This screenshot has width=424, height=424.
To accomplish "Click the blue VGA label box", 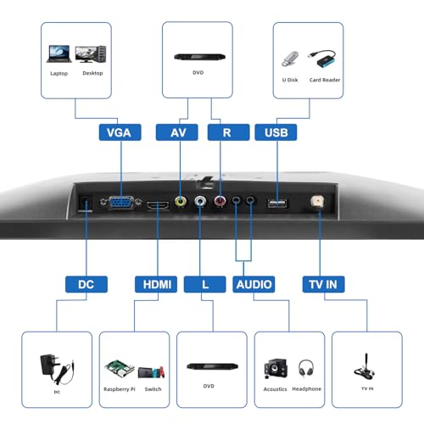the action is click(120, 132).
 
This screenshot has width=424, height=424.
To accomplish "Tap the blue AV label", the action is click(177, 132).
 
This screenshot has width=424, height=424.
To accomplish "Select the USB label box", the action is click(276, 132).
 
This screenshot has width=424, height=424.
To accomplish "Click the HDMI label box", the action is click(156, 284).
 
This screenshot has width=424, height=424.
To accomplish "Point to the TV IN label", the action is click(323, 284).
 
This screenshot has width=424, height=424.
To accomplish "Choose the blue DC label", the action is click(86, 284).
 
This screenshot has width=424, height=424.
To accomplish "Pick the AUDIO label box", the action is click(254, 284).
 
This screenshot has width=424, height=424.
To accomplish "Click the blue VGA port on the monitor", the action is click(121, 203).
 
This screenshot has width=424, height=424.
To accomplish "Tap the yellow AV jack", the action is click(181, 201).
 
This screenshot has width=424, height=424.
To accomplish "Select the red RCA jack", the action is click(220, 201).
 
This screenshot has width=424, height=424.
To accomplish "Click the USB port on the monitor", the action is click(277, 204).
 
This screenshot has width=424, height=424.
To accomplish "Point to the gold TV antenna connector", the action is click(317, 202).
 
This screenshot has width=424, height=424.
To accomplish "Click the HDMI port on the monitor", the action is click(158, 205).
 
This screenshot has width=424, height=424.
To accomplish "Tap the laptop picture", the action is click(59, 53).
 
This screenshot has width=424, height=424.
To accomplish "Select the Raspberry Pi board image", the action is click(120, 369).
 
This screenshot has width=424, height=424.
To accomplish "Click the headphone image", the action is click(306, 368).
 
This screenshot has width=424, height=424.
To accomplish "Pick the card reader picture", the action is click(322, 59).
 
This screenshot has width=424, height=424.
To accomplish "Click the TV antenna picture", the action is click(365, 366).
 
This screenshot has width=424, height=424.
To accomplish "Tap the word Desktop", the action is click(92, 73).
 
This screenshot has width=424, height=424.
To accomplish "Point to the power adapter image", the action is click(57, 369).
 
